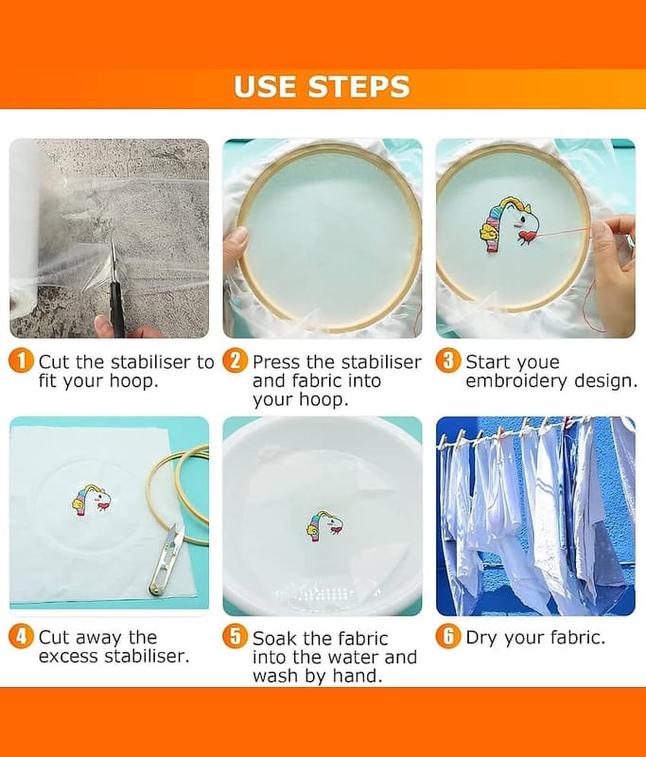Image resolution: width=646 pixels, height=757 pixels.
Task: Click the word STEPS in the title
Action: [358, 87]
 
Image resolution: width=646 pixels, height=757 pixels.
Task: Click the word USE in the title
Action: [265, 87]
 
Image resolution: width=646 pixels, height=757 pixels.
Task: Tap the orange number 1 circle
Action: [21, 361]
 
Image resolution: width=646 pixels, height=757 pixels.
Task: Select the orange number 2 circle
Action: [235, 361]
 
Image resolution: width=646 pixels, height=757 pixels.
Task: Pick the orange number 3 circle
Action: [448, 361]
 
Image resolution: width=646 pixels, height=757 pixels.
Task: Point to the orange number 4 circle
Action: [21, 637]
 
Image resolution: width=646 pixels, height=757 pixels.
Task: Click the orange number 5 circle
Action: [235, 637]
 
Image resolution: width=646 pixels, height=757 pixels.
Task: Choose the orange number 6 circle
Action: [448, 637]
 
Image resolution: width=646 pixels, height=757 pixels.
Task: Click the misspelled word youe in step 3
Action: [537, 363]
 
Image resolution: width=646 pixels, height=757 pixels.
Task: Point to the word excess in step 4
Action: [69, 657]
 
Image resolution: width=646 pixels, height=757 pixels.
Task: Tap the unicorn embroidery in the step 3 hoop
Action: [508, 223]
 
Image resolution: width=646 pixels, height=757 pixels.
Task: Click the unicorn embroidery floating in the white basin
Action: [324, 525]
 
